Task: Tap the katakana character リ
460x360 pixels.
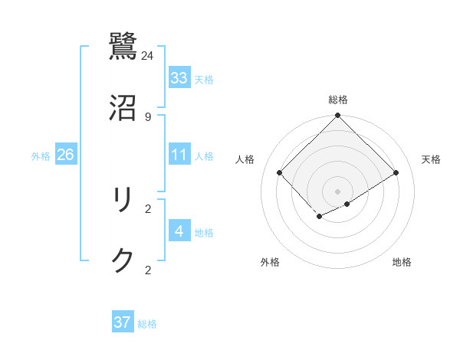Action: (123, 201)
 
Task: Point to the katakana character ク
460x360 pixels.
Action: (123, 260)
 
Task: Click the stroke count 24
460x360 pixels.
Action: (148, 56)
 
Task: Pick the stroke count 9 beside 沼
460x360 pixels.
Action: (148, 116)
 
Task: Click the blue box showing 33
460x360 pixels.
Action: (179, 78)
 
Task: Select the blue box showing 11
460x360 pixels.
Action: (179, 155)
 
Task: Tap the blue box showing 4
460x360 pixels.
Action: (179, 231)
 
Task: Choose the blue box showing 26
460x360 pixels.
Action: (65, 155)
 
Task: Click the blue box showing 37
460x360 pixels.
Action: (123, 322)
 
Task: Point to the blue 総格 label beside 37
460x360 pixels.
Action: (147, 324)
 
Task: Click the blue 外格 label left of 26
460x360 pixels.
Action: (41, 156)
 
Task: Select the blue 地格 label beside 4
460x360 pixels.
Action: (204, 232)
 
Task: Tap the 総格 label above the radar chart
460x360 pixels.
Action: (337, 100)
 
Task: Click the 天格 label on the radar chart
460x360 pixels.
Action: (431, 159)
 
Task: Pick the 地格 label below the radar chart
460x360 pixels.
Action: (402, 262)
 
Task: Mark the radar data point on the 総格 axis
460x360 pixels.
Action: (337, 116)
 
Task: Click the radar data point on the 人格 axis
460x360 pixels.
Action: (280, 172)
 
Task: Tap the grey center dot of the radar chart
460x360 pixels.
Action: (337, 191)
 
